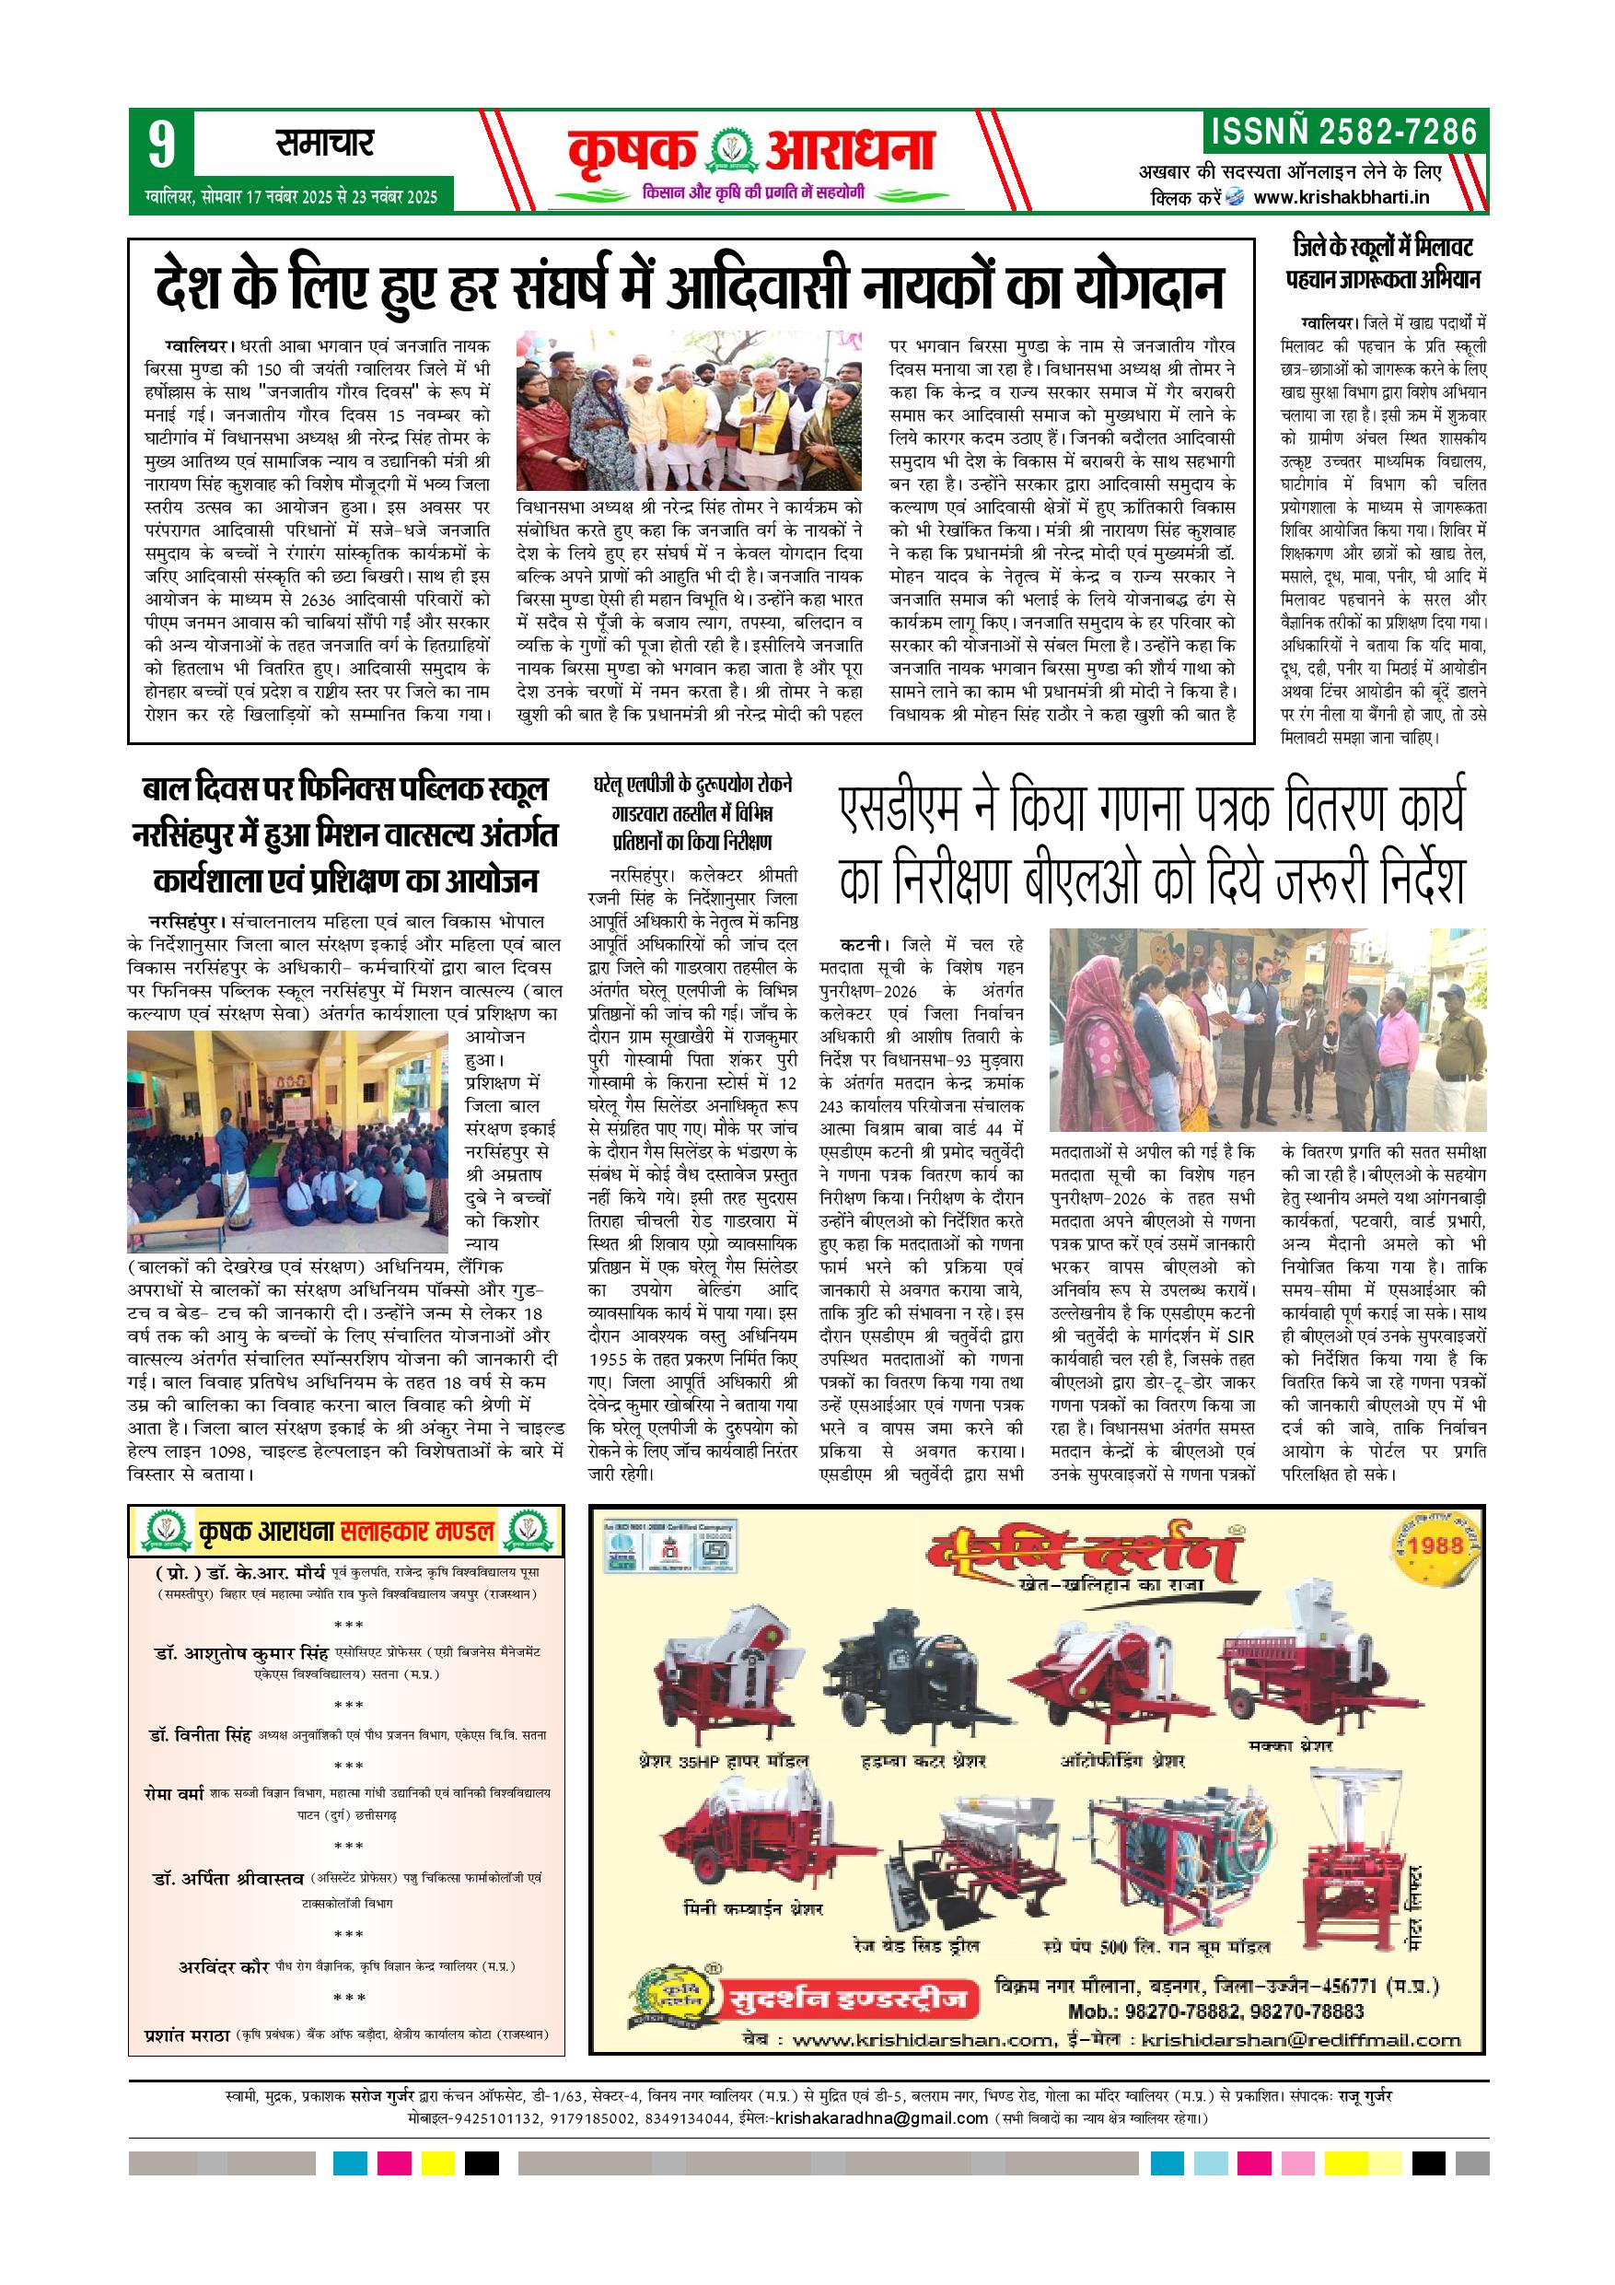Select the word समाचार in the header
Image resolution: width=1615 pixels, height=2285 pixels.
point(324,145)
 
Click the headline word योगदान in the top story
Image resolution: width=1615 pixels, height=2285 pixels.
point(1148,286)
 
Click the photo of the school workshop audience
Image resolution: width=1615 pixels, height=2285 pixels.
point(288,1141)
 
